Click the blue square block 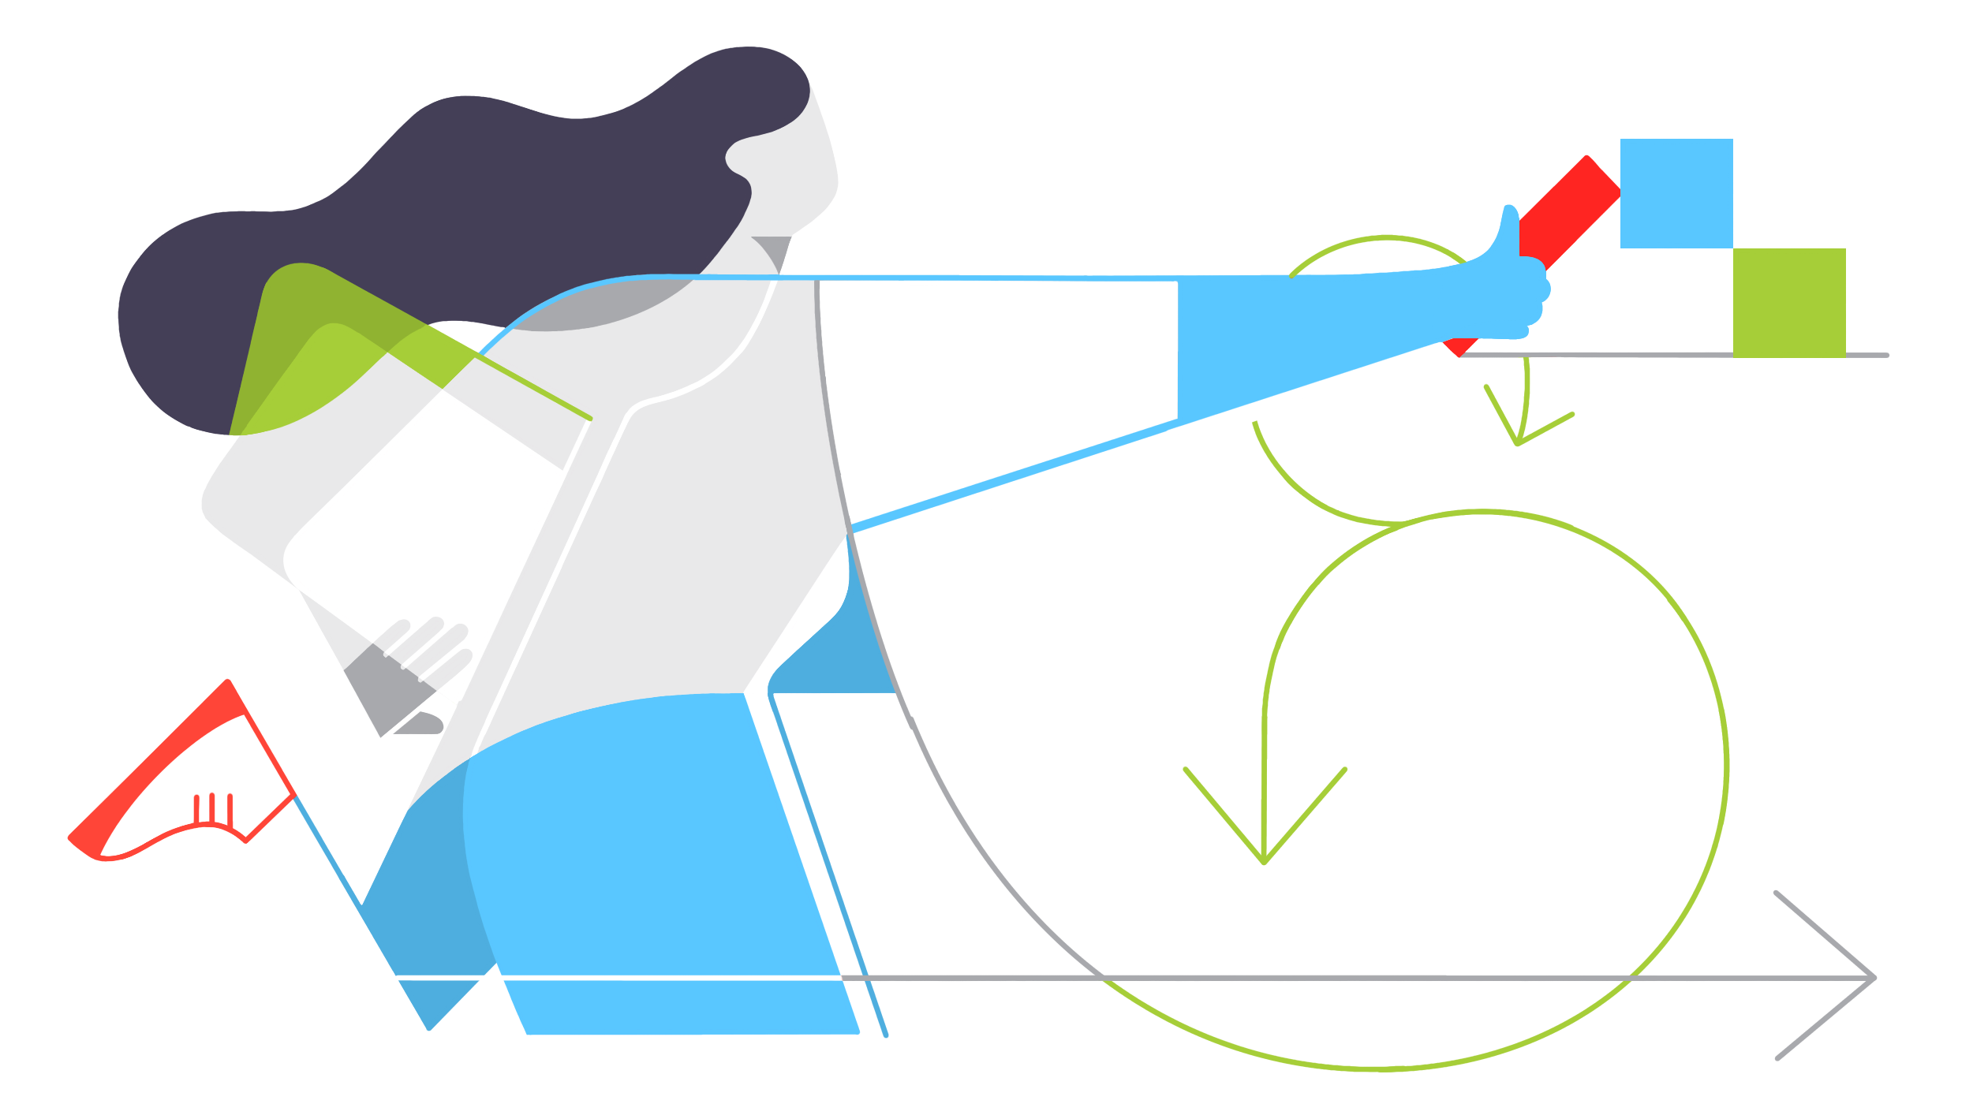coord(1676,193)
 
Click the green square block coord(1788,301)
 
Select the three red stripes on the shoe coord(213,807)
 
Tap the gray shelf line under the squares coord(1657,356)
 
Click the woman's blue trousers coord(647,867)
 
